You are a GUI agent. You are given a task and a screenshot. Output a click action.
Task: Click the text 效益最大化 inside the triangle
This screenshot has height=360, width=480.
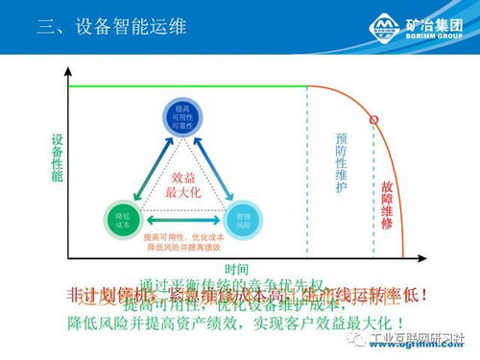click(x=183, y=184)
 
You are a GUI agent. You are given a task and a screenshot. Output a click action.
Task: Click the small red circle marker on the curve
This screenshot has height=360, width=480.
click(x=373, y=120)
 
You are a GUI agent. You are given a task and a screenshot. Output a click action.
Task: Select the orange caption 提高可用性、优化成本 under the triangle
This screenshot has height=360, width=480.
click(x=185, y=237)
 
